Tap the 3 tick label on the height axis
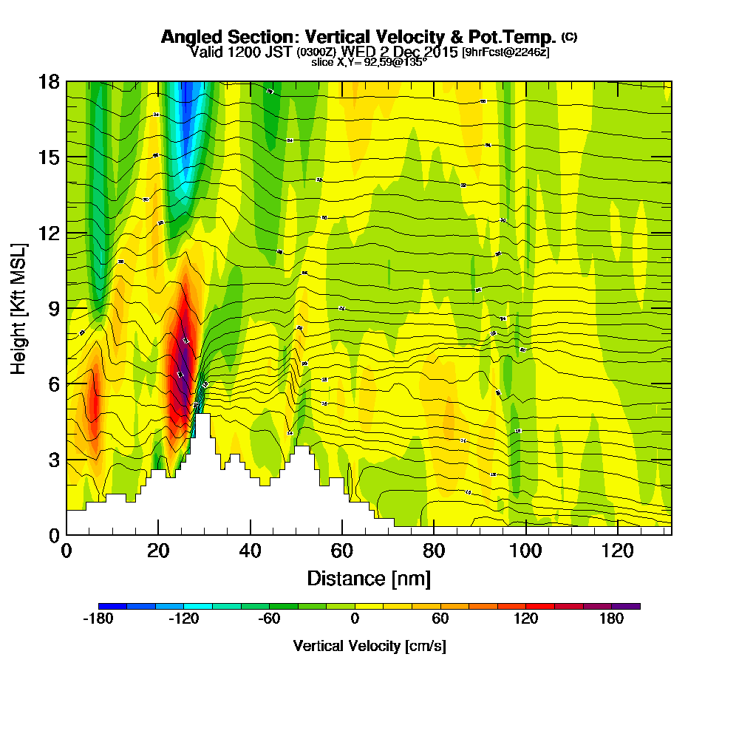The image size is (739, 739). coord(52,459)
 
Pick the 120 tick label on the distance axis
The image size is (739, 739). coord(616,551)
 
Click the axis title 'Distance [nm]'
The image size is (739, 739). coord(369,578)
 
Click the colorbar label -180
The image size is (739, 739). coord(98,619)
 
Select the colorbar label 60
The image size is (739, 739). coord(440,619)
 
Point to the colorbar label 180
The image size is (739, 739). coord(611,619)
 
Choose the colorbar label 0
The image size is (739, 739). coord(355,619)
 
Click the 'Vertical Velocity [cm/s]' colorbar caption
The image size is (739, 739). coord(369,646)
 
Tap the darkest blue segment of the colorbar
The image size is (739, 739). coord(112,606)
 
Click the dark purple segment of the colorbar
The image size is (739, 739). coord(626,606)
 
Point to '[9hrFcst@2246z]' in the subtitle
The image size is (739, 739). coord(505,52)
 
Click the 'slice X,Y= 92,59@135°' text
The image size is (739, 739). coord(369,63)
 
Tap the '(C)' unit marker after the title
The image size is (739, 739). coord(570,36)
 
